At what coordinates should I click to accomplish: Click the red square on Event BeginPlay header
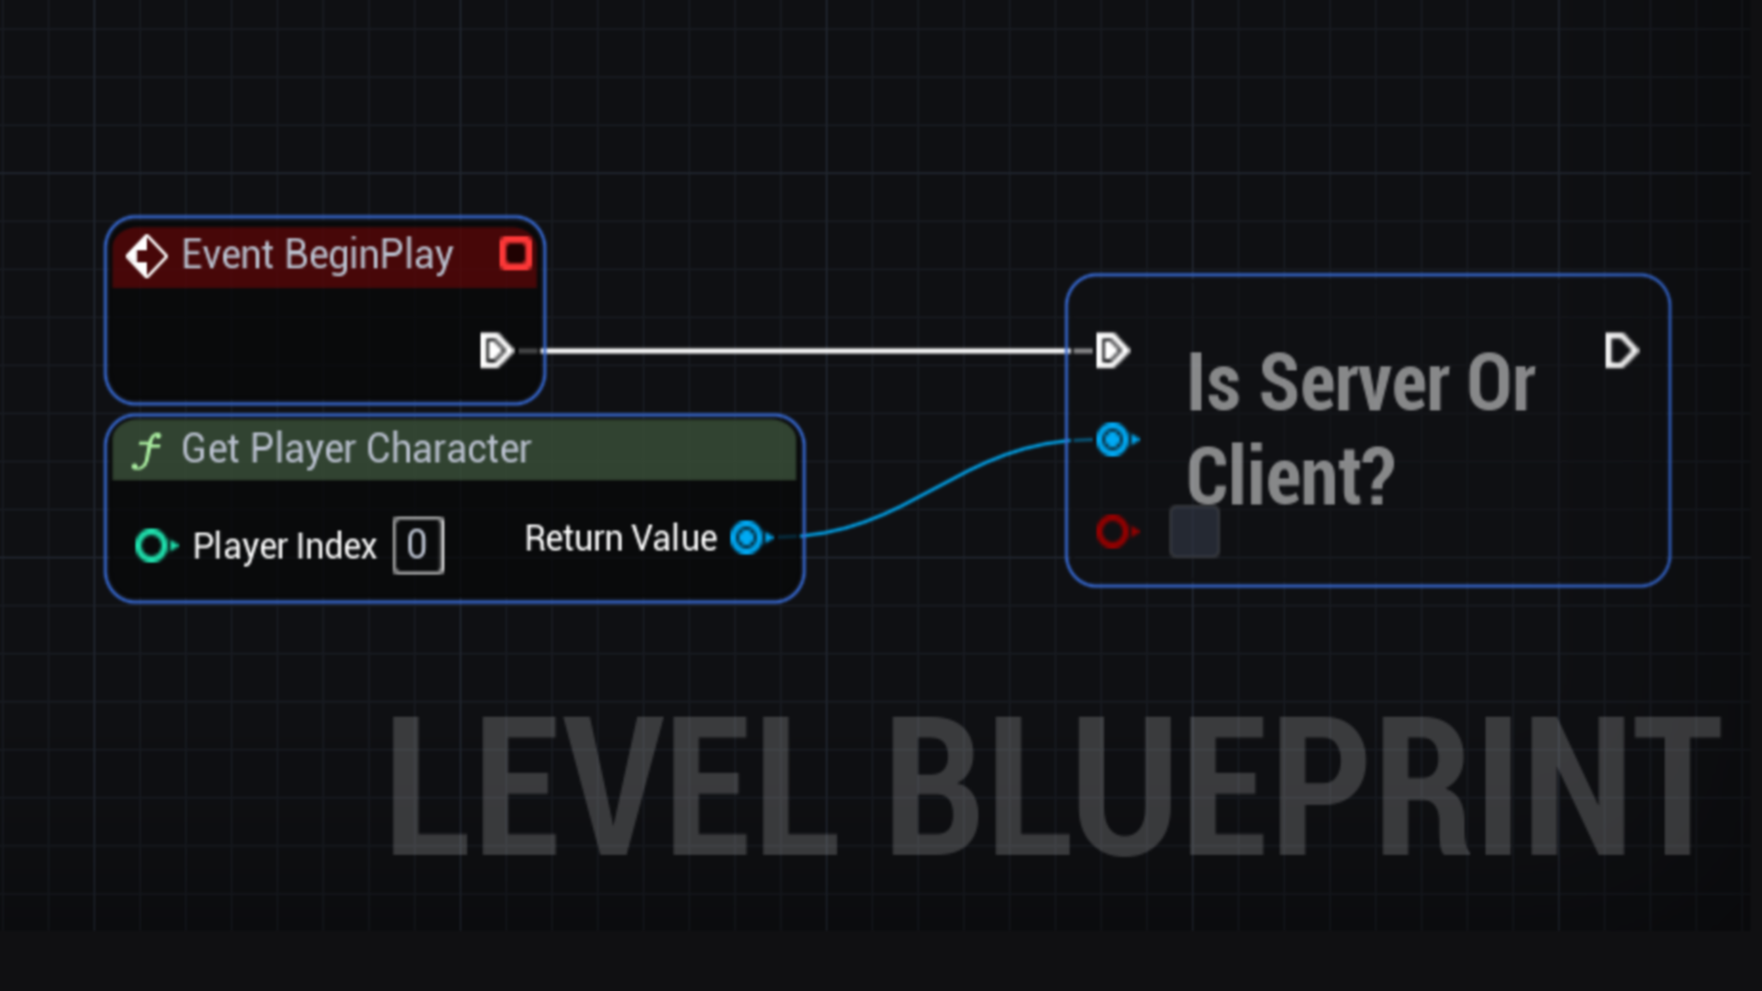[515, 253]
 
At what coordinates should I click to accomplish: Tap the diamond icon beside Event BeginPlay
[146, 256]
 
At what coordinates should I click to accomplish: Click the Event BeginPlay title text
[317, 255]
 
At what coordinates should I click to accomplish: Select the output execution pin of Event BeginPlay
[496, 351]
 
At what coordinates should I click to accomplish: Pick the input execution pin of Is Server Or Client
[1111, 351]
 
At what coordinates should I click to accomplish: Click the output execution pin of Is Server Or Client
[1621, 351]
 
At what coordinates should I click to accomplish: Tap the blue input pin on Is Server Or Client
[1113, 440]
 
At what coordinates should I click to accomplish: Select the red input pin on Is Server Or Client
[1113, 531]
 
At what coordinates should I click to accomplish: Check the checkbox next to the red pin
[1194, 532]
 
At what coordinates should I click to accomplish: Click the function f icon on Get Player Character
[147, 451]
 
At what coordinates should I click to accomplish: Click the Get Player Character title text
[356, 449]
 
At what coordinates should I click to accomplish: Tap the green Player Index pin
[152, 546]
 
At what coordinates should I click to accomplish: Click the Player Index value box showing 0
[418, 546]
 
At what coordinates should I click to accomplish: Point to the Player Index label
[284, 547]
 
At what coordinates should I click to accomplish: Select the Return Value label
[620, 539]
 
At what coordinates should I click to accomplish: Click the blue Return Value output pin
[748, 538]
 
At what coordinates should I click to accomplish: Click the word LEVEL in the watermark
[613, 787]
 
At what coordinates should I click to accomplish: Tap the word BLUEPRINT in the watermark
[1303, 787]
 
